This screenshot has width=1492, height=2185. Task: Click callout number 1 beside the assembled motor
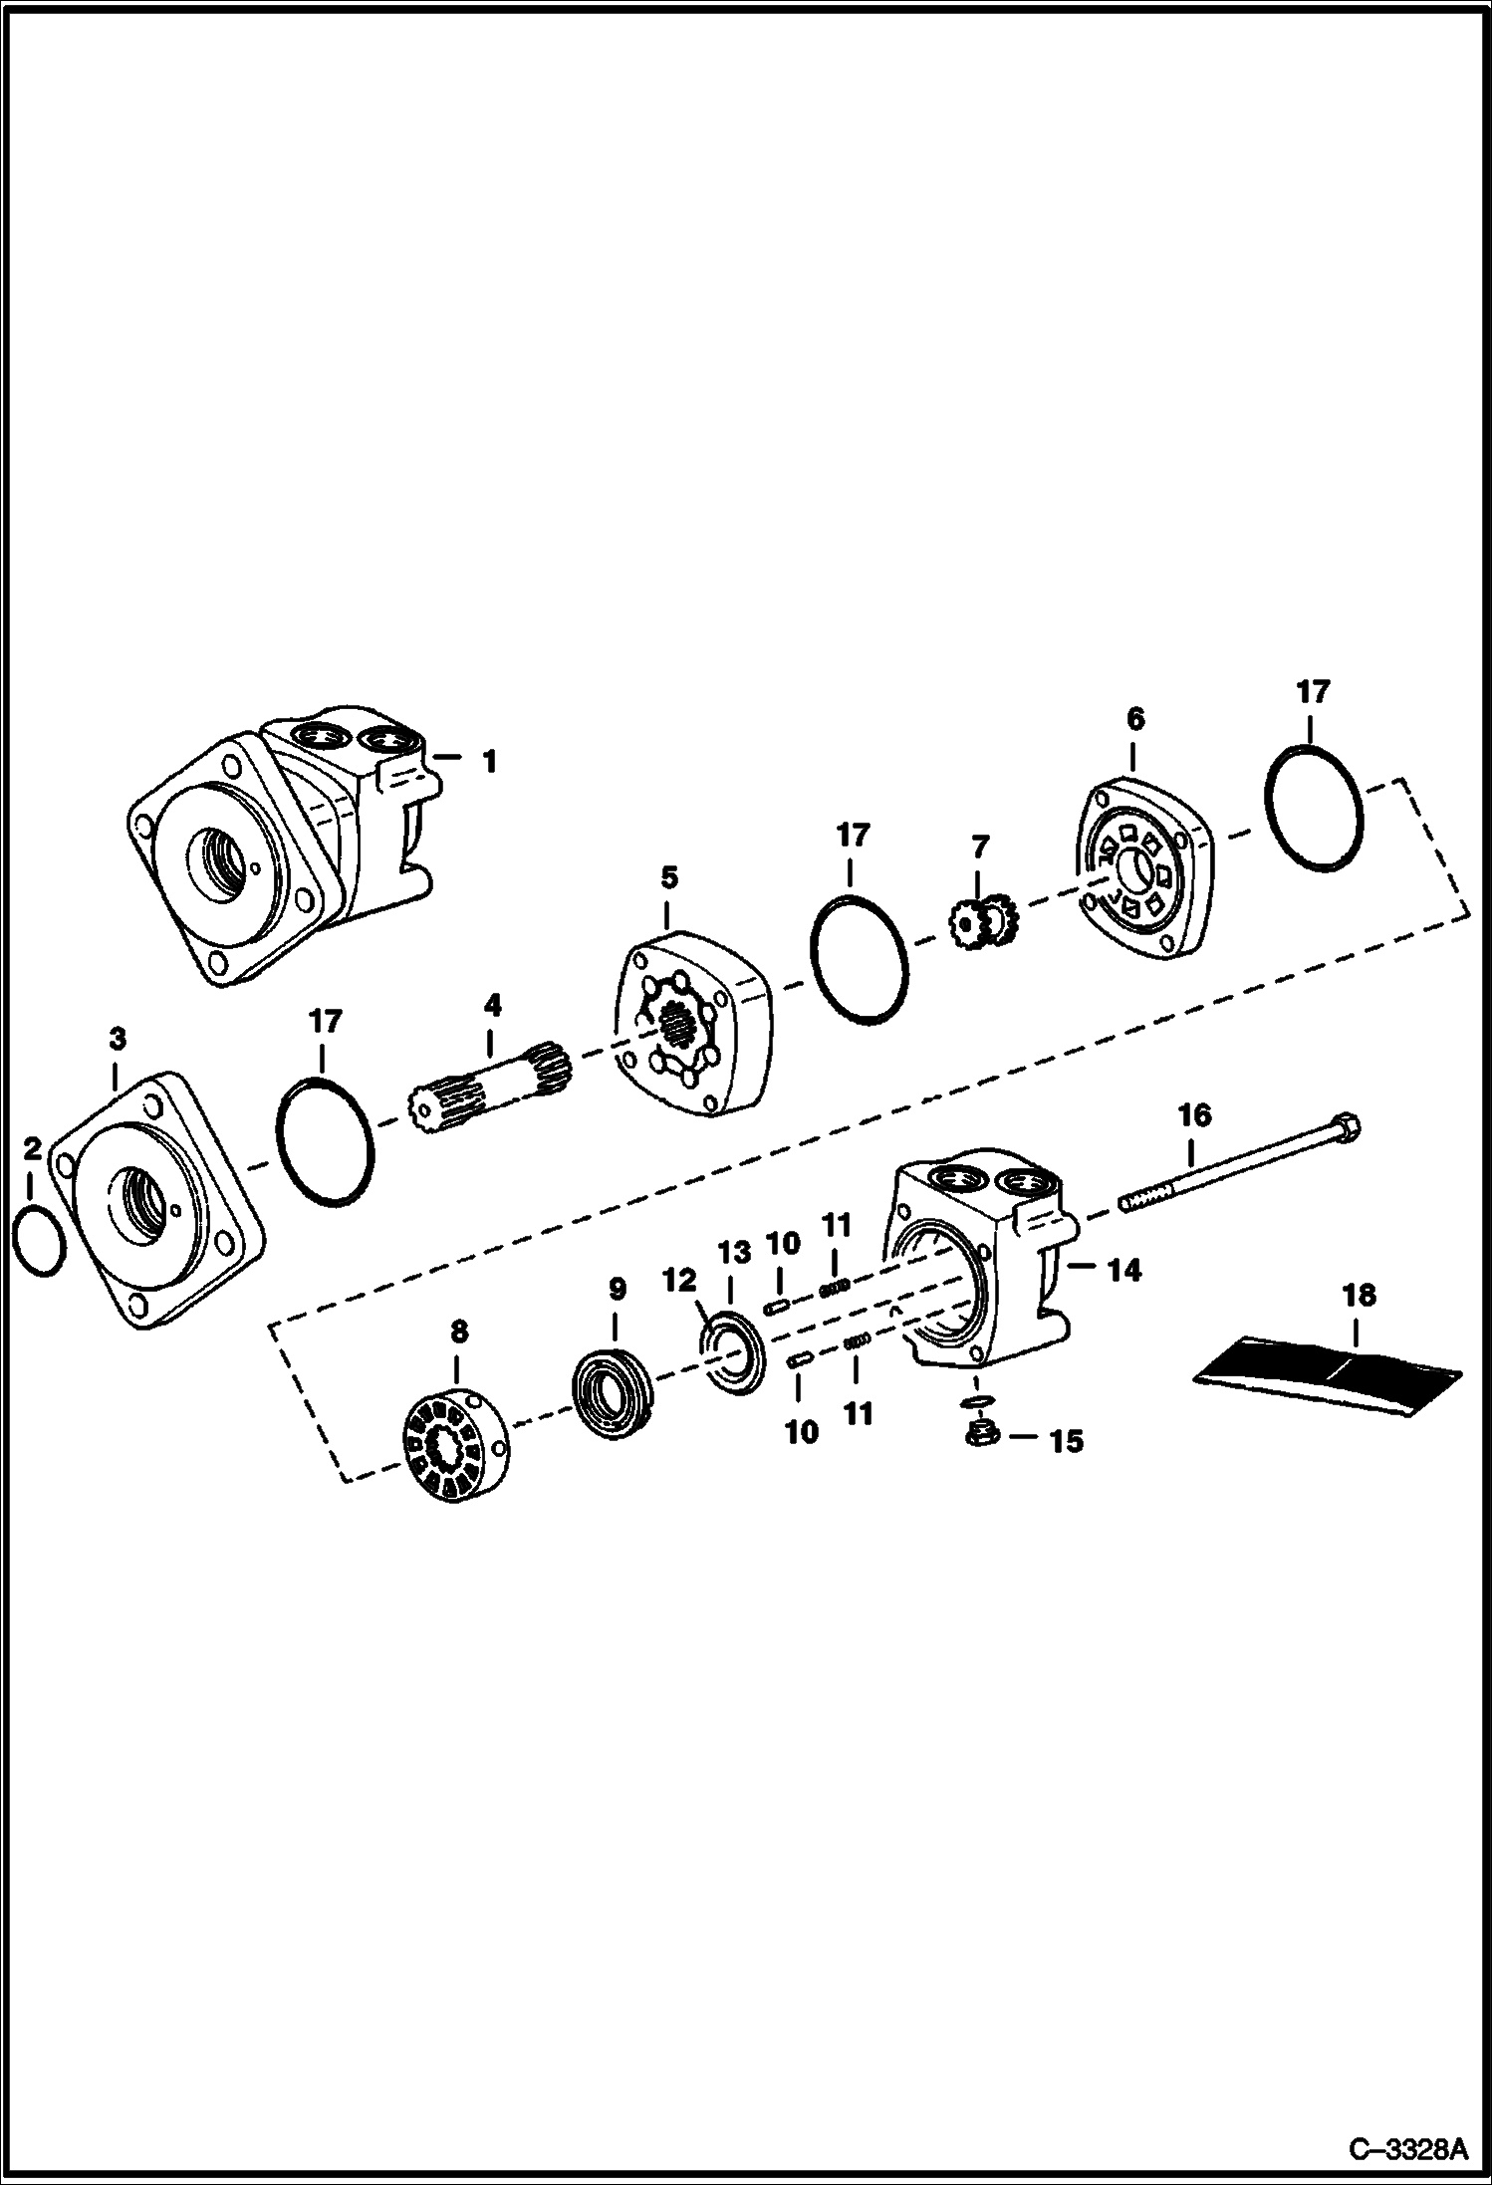point(489,763)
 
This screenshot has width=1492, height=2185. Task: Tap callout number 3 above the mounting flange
point(118,1040)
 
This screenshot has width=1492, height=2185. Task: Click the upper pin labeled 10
point(777,1307)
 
